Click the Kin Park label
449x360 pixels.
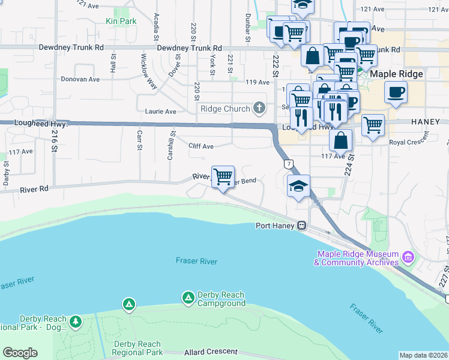tap(121, 21)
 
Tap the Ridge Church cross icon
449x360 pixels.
tap(259, 109)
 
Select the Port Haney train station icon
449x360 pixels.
tap(303, 226)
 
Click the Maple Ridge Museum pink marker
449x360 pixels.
tap(408, 257)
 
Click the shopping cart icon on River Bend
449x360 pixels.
tap(223, 177)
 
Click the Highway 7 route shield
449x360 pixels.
tap(289, 163)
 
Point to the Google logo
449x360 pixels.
tap(20, 353)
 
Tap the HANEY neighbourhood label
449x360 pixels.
tap(426, 121)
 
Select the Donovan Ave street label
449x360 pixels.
tap(80, 79)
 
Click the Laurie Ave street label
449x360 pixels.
tap(160, 111)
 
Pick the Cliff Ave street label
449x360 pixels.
tap(200, 146)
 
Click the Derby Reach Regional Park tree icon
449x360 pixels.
tap(76, 322)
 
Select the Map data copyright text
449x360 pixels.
tap(423, 355)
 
